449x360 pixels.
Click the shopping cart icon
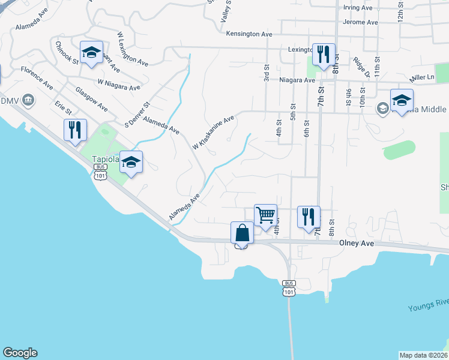[x=265, y=215]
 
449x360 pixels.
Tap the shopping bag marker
[x=242, y=232]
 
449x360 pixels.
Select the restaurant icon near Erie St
[x=75, y=130]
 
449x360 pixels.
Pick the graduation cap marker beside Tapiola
[x=131, y=161]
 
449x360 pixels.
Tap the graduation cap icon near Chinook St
[x=91, y=52]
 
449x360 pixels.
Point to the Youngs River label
[x=428, y=307]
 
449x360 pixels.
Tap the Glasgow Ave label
[x=92, y=99]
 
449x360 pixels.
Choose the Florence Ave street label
[x=37, y=79]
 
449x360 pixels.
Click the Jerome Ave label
[x=360, y=22]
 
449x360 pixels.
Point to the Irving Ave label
[x=358, y=8]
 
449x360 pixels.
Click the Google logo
[x=20, y=353]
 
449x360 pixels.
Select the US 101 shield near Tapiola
[x=100, y=173]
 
